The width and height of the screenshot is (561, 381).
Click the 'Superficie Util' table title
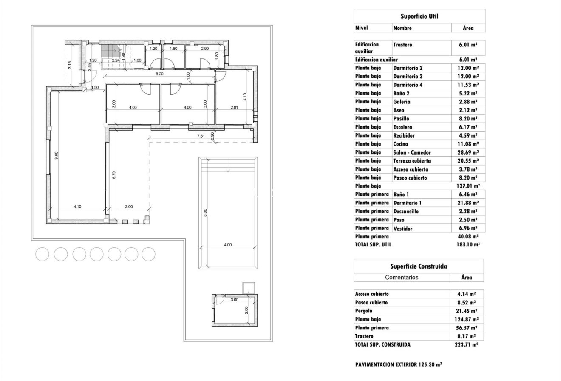click(x=419, y=17)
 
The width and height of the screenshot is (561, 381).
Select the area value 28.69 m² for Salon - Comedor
click(x=467, y=152)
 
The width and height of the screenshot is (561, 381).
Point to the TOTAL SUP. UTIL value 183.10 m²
click(x=467, y=245)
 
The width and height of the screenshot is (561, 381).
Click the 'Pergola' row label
click(x=364, y=311)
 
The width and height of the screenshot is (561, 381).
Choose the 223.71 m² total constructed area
click(x=466, y=345)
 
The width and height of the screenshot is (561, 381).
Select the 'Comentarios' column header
click(x=402, y=277)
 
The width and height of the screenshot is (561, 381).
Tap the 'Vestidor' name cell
click(x=402, y=229)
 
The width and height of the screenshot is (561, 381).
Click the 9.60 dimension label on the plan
click(x=56, y=156)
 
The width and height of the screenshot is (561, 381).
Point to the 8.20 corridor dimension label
click(x=159, y=74)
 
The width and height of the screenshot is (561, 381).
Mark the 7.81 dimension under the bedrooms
click(x=201, y=136)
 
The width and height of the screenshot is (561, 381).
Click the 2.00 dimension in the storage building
click(x=246, y=309)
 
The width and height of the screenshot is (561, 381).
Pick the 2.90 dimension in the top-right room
click(x=205, y=49)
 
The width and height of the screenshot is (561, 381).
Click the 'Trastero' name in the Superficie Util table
click(x=402, y=44)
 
